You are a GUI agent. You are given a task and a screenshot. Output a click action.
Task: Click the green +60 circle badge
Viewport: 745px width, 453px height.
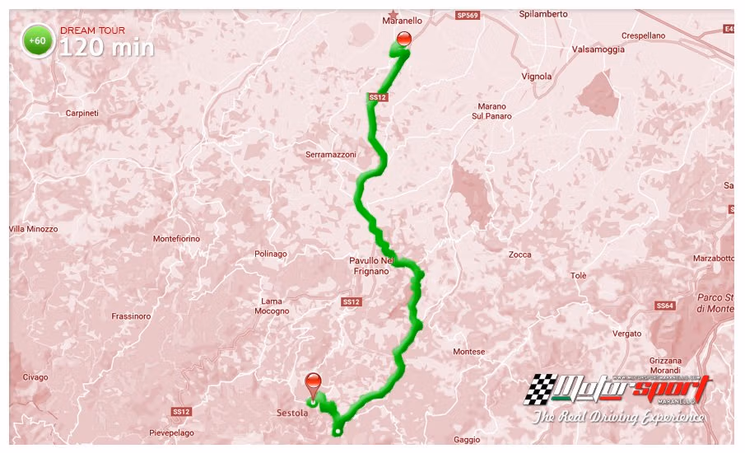click(38, 40)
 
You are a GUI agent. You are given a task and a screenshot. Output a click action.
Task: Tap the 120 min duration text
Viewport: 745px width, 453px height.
click(106, 47)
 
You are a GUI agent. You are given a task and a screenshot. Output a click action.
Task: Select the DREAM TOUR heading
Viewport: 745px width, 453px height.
click(93, 30)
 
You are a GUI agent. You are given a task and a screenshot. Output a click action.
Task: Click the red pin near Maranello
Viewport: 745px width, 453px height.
click(404, 40)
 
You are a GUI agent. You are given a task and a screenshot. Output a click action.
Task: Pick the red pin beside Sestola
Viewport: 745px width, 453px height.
click(314, 384)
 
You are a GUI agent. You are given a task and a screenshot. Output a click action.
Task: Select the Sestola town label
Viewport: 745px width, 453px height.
click(293, 413)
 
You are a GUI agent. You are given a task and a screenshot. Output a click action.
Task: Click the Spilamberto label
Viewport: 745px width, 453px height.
click(544, 14)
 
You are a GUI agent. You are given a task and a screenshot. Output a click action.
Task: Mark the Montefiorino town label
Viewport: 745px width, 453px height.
click(176, 239)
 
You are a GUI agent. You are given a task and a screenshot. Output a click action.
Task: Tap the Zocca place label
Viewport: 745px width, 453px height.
click(519, 255)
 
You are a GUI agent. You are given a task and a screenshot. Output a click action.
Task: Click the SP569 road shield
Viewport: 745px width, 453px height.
click(467, 15)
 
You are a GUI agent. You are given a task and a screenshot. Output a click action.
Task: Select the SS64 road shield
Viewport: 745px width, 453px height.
click(665, 306)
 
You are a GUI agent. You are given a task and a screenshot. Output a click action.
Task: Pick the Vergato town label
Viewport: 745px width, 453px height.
click(627, 334)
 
